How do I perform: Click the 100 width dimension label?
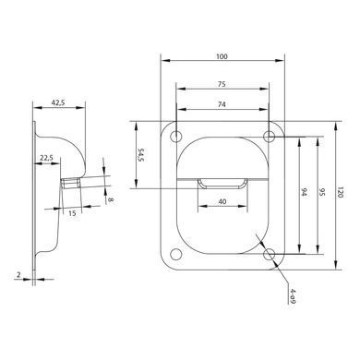[x=222, y=56]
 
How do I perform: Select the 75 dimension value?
[x=222, y=84]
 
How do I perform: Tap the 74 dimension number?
[x=222, y=104]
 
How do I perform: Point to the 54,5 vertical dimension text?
[x=141, y=155]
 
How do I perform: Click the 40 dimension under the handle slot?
[x=222, y=201]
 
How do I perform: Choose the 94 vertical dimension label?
[x=304, y=193]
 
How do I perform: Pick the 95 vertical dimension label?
[x=322, y=193]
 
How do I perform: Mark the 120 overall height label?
[x=340, y=192]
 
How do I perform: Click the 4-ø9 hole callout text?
[x=293, y=296]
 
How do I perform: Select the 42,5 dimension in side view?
[x=58, y=103]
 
